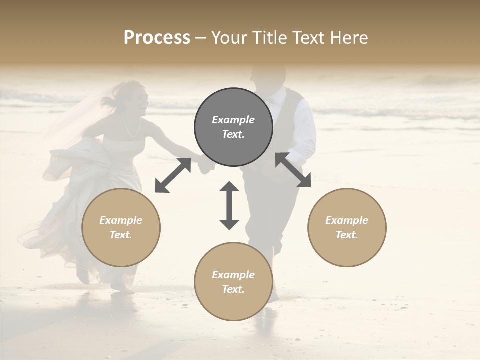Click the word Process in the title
click(x=157, y=38)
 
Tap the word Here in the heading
click(x=347, y=38)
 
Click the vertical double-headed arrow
click(x=229, y=205)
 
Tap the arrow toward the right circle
click(x=293, y=170)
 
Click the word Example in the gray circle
click(x=233, y=120)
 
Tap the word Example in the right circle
click(x=347, y=220)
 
